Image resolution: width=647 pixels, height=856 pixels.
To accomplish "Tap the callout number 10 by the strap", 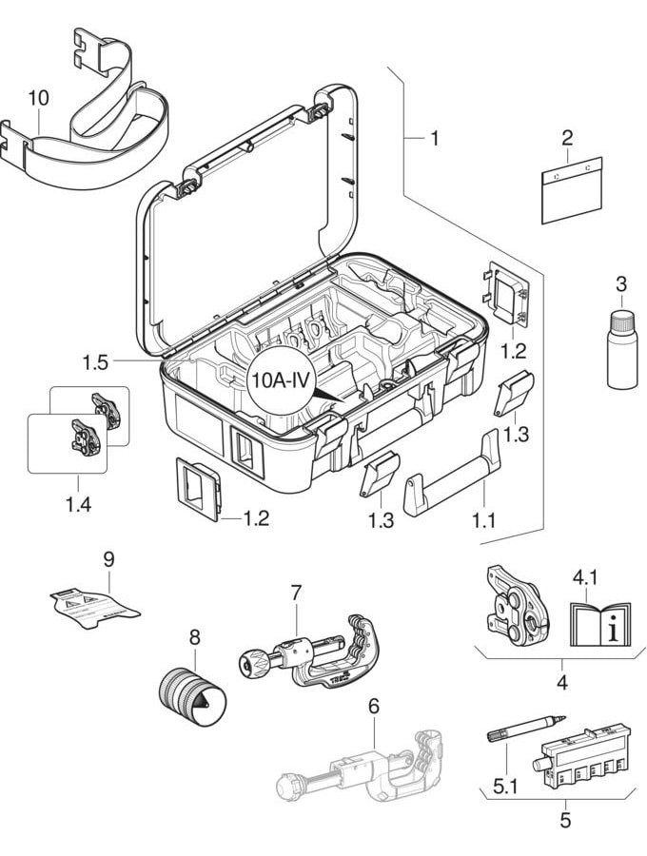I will point(37,97).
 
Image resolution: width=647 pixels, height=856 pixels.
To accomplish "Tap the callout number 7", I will point(296,593).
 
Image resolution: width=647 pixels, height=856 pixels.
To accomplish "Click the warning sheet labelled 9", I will point(95,606).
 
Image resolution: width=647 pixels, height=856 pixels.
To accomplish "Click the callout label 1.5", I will point(96,362).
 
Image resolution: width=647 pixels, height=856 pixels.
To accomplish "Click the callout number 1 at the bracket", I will point(434,139).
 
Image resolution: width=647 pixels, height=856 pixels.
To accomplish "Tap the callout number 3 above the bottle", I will point(620,283).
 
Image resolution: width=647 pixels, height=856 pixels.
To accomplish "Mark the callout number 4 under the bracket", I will point(561,683).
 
